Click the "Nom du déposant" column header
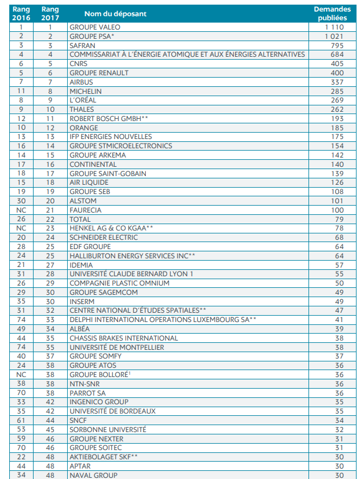pyautogui.click(x=115, y=13)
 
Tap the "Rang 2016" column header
pyautogui.click(x=21, y=13)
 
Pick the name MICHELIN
pyautogui.click(x=85, y=91)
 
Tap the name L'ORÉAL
pyautogui.click(x=84, y=100)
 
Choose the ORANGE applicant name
pyautogui.click(x=84, y=127)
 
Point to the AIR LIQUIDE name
pyautogui.click(x=89, y=182)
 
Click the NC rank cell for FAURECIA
pyautogui.click(x=21, y=210)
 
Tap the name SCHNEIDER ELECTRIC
pyautogui.click(x=104, y=237)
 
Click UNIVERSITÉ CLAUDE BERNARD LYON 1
pyautogui.click(x=131, y=274)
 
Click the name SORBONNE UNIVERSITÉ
pyautogui.click(x=108, y=430)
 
